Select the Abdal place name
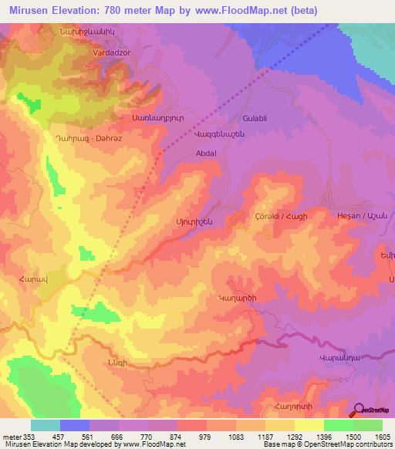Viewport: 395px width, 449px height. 206,153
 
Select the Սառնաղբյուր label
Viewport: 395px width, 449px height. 157,120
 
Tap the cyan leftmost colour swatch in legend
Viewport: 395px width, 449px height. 45,425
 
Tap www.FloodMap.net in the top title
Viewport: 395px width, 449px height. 241,8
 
